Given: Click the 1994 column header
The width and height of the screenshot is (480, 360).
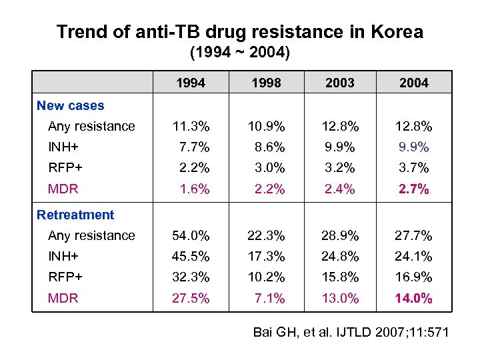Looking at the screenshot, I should click(x=191, y=83).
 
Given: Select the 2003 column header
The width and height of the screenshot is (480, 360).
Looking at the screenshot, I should click(x=340, y=83).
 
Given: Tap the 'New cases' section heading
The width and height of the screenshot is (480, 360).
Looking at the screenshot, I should click(x=70, y=105).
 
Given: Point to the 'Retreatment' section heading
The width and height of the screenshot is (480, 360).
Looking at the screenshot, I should click(x=75, y=215).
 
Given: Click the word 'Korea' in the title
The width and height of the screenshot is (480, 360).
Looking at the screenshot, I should click(x=396, y=31).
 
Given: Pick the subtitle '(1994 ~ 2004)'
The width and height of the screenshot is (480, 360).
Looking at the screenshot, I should click(x=240, y=52).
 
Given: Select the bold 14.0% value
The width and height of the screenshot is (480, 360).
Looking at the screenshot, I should click(x=413, y=298).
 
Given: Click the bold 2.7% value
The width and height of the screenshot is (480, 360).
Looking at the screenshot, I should click(x=413, y=189).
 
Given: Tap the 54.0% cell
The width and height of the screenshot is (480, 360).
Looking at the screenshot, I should click(x=191, y=235).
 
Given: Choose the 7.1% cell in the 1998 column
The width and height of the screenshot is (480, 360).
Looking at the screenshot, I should click(x=269, y=298).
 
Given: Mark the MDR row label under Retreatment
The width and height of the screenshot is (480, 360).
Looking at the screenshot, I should click(x=63, y=298).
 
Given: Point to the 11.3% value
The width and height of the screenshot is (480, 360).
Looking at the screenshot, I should click(x=191, y=126).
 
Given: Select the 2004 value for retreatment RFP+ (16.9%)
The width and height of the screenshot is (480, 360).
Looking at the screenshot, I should click(x=413, y=277).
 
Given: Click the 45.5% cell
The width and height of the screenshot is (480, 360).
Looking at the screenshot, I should click(x=191, y=256).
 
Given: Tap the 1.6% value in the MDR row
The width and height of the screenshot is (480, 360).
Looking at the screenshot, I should click(x=194, y=189).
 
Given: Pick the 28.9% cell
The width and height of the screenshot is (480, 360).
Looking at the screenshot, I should click(x=340, y=235).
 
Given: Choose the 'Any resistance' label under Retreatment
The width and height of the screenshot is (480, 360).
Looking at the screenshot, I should click(x=91, y=235).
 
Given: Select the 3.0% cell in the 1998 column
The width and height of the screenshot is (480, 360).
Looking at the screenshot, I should click(x=269, y=167).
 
